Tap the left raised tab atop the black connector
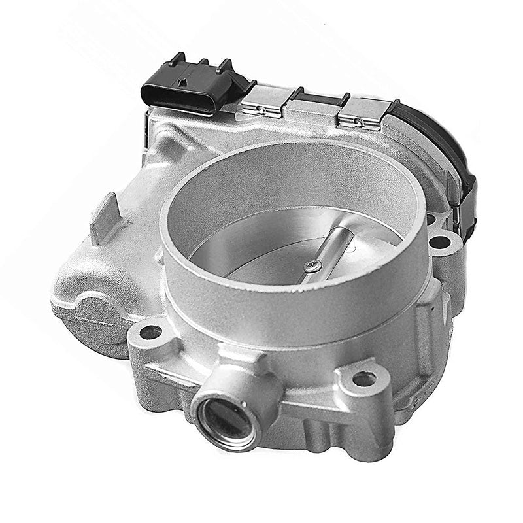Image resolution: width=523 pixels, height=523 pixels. tap(175, 60)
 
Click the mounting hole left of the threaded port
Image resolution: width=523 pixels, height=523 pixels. tap(150, 332)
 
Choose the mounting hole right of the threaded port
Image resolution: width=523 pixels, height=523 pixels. tap(363, 379)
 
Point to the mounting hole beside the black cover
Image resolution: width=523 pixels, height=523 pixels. tap(440, 243)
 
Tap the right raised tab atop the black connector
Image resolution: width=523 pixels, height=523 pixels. tap(225, 65)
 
